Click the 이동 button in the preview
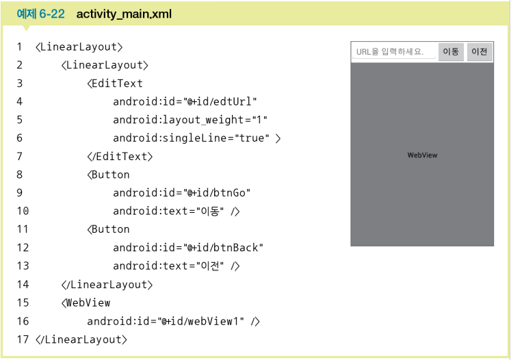coord(451,52)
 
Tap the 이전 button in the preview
coord(480,52)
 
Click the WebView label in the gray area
coord(422,155)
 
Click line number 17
coord(23,339)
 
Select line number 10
coord(23,211)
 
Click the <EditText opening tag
coord(115,83)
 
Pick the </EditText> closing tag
coord(120,156)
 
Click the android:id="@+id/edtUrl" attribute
coord(185,102)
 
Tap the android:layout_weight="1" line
coord(189,120)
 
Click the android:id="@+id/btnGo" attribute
coord(179,193)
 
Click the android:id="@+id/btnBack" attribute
coord(188,248)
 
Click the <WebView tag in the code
coord(86,303)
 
